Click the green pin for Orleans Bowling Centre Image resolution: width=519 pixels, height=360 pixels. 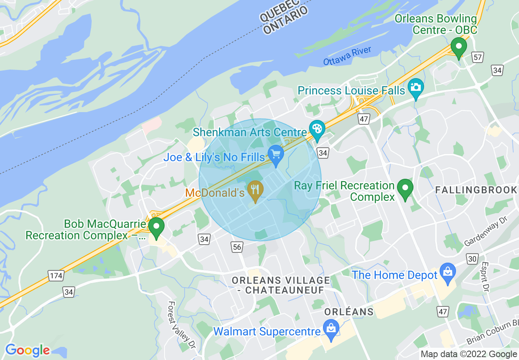click(458, 47)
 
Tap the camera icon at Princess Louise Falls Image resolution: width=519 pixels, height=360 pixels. click(415, 87)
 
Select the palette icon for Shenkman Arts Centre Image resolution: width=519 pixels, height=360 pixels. click(317, 129)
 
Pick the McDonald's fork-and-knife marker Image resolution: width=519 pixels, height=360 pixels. click(255, 189)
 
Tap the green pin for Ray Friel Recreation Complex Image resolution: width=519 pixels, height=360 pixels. click(405, 188)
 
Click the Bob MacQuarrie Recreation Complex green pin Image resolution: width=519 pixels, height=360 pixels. click(156, 226)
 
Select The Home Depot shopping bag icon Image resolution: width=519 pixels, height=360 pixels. click(448, 272)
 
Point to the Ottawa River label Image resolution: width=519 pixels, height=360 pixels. click(347, 56)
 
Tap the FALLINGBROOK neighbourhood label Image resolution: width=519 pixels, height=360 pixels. click(476, 190)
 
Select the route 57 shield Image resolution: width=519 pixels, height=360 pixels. click(477, 57)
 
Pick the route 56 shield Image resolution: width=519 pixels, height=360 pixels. click(237, 247)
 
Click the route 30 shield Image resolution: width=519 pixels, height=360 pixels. click(472, 259)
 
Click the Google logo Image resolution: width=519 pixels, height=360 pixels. click(27, 350)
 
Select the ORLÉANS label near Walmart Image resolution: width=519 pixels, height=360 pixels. click(349, 312)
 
